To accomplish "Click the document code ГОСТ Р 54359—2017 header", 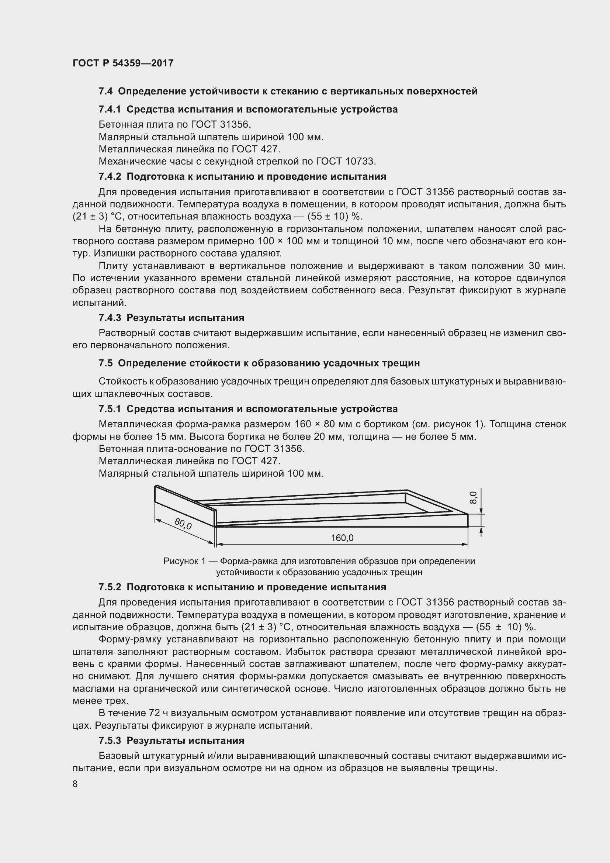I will [123, 63].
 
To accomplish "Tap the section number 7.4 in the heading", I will [105, 92].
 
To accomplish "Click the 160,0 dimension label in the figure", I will [342, 538].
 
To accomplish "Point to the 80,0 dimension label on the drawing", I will [183, 524].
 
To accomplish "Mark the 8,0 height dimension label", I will [473, 498].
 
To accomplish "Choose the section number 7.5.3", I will [110, 741].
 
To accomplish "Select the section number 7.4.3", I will [110, 318].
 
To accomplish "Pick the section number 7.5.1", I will [110, 409].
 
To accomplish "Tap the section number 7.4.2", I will [110, 177].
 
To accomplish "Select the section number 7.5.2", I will [110, 587].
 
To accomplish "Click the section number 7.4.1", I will [110, 110].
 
